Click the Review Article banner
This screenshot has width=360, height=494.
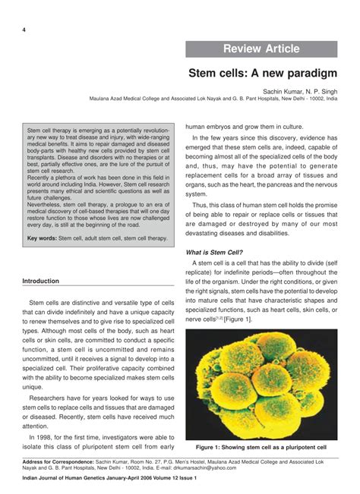(x=261, y=49)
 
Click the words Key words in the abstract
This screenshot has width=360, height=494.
(x=42, y=238)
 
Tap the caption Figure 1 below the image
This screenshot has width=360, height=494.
(x=261, y=447)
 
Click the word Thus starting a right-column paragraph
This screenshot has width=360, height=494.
(x=201, y=205)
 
